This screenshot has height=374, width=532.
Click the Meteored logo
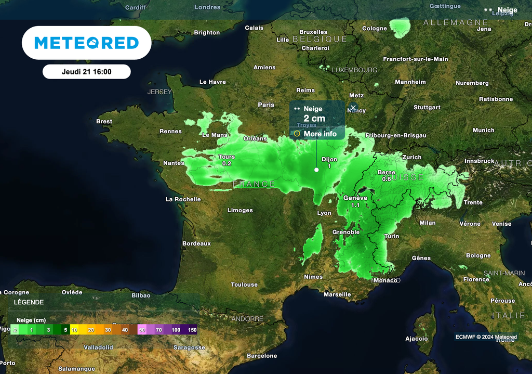click(86, 43)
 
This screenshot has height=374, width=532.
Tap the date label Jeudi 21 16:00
click(86, 72)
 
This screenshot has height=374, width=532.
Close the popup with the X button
click(353, 108)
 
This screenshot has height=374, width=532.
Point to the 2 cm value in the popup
click(314, 119)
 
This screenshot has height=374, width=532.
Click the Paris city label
click(266, 105)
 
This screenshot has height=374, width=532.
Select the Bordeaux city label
click(196, 243)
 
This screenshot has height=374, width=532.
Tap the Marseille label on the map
click(337, 294)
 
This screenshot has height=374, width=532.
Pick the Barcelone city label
click(262, 356)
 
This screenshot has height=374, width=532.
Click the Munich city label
click(483, 130)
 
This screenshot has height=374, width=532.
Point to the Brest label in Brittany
click(104, 121)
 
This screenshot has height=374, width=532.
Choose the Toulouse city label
click(244, 285)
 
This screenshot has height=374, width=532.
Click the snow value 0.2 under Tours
click(227, 163)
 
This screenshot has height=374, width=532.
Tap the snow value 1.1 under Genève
click(355, 205)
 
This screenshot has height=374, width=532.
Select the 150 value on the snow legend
click(192, 330)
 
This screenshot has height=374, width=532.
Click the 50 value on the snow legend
click(142, 330)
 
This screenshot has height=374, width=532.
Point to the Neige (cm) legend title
click(32, 320)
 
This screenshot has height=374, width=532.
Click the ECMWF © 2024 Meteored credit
click(486, 337)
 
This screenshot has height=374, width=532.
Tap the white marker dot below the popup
click(316, 170)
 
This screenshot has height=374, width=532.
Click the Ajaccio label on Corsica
click(417, 339)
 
